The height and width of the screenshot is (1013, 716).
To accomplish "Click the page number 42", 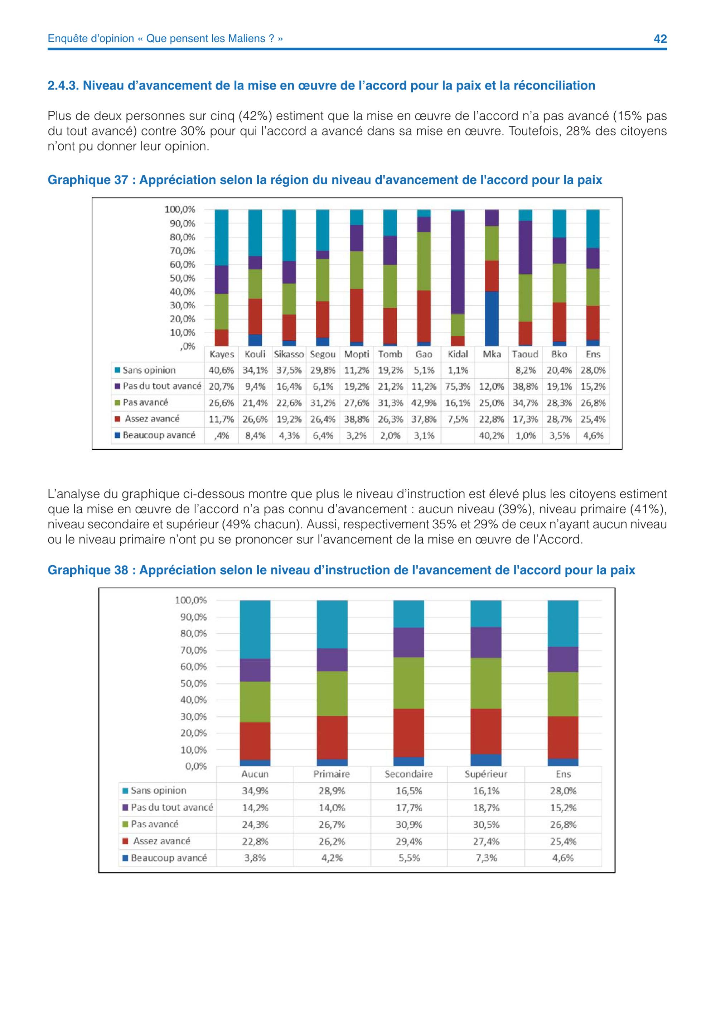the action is point(660,39).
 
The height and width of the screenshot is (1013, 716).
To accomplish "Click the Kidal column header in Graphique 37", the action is point(458,354).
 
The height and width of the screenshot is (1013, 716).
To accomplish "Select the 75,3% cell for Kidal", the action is point(458,387).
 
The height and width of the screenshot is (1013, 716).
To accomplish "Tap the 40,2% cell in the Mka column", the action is point(492,436).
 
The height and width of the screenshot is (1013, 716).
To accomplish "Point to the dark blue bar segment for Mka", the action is point(492,318).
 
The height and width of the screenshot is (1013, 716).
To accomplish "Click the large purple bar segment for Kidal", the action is point(458,263).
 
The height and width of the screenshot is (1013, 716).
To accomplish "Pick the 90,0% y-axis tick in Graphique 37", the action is point(183,224).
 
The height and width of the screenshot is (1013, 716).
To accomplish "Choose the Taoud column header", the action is point(525,354).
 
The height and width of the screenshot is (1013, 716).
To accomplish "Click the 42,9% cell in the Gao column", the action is point(424,403).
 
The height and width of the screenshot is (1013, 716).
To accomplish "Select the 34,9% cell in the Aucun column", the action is point(255,791).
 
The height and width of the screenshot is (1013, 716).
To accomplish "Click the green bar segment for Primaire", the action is point(332,693).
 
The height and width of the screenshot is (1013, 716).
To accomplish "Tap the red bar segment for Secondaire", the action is point(409,733).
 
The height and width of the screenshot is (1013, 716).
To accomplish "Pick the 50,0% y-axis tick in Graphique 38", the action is point(194,683).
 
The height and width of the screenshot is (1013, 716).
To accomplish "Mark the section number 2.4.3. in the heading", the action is point(63,85).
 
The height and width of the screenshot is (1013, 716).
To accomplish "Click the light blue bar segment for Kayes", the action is point(221,237).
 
